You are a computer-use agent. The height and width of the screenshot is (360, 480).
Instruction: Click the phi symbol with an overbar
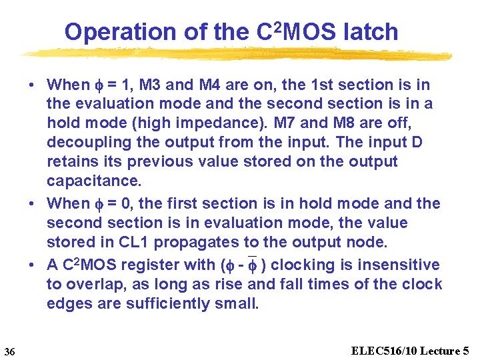pos(252,265)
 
